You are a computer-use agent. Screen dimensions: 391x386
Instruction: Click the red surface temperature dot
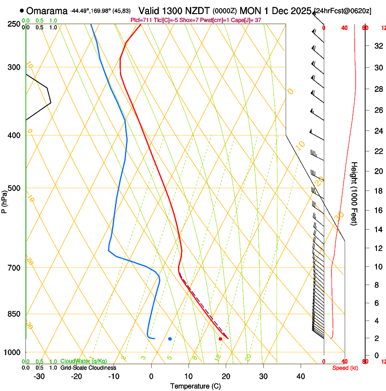220,339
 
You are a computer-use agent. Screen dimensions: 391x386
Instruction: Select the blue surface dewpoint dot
170,339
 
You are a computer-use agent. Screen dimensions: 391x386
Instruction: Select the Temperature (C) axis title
195,386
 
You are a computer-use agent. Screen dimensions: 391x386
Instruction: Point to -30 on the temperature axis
39,376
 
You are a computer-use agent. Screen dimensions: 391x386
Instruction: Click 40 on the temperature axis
301,376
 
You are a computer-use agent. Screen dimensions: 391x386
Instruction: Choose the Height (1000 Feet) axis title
355,193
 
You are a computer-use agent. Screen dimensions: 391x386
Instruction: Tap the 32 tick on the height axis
377,46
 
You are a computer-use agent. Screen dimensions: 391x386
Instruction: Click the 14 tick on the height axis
377,230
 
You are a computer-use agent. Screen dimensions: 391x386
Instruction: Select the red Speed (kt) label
345,368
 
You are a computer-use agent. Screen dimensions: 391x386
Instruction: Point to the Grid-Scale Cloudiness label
88,367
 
